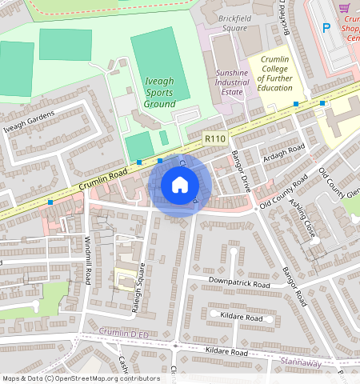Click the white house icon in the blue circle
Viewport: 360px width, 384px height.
click(x=180, y=186)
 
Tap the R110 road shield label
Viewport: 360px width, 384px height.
click(x=214, y=138)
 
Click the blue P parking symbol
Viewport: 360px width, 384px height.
click(x=326, y=27)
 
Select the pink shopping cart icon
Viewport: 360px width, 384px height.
click(x=346, y=7)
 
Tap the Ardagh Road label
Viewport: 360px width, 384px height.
click(x=286, y=154)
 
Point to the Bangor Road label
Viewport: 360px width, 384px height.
click(x=294, y=287)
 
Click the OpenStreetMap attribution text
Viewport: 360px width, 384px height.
click(x=81, y=378)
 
